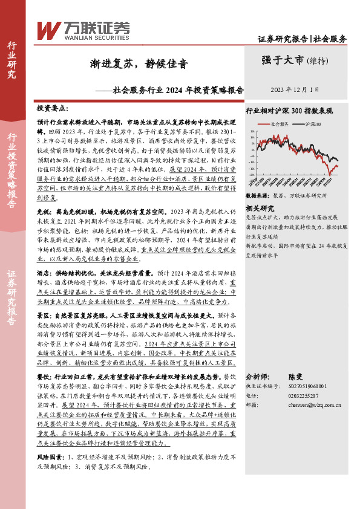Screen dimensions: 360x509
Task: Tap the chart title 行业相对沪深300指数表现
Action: tap(289, 112)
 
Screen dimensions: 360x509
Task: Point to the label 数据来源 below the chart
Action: tap(256, 196)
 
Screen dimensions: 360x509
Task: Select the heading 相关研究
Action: tap(258, 207)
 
